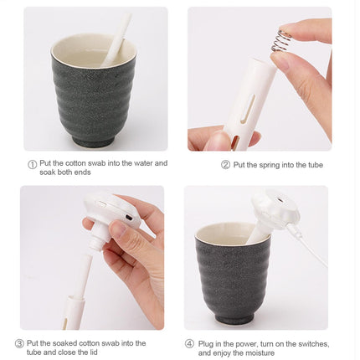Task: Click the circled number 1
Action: tap(33, 164)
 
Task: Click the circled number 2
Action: tap(225, 165)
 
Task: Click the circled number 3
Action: tap(19, 343)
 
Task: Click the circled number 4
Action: tap(189, 343)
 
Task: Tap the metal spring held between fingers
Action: tap(281, 40)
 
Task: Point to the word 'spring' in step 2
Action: tap(270, 165)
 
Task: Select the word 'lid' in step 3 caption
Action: tap(93, 352)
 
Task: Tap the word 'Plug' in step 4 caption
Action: tap(205, 344)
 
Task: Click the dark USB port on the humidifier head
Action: tap(129, 217)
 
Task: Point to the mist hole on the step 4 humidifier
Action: tap(278, 200)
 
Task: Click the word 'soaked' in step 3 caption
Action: tap(65, 343)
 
